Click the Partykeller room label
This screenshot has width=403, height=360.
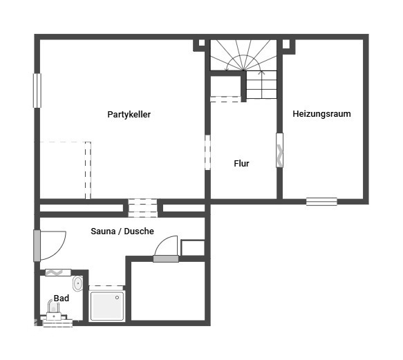click(129, 114)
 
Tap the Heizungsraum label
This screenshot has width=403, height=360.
click(322, 113)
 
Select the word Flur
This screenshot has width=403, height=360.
click(241, 164)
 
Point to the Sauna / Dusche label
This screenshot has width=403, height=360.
click(122, 231)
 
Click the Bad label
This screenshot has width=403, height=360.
click(61, 298)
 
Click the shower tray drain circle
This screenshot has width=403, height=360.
click(118, 298)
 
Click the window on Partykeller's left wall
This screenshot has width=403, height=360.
click(37, 91)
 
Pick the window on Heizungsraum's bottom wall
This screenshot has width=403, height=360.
click(321, 202)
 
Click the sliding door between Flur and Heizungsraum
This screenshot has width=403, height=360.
click(280, 150)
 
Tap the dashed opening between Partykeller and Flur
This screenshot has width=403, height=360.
click(207, 152)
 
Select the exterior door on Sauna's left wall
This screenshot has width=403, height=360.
click(37, 246)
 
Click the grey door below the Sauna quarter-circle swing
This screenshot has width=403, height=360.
click(166, 258)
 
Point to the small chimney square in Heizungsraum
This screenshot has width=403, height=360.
click(286, 44)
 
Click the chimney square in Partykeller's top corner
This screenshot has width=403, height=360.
click(202, 43)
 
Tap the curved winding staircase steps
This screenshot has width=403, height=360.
click(243, 55)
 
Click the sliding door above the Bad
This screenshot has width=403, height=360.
click(58, 272)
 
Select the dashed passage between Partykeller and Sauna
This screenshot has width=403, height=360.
click(142, 208)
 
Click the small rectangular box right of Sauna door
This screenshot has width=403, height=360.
click(193, 247)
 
